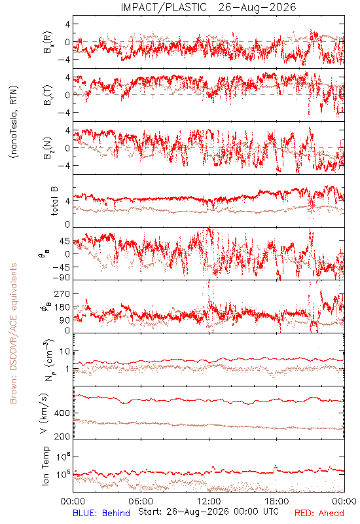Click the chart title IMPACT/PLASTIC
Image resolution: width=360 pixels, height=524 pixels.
coord(164,7)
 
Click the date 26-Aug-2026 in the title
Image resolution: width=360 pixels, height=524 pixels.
coord(257,7)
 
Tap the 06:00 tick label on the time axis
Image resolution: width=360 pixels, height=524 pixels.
coord(141,501)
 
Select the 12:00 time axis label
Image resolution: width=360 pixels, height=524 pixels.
coord(209,501)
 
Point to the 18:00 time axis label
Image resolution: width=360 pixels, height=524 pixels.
coord(277,501)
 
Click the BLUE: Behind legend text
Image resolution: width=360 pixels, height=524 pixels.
coord(101,513)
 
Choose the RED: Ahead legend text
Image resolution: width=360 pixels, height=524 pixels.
coord(319,513)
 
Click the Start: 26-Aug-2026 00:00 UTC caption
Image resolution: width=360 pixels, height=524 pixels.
coord(208,512)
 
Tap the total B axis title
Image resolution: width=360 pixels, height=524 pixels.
coord(54,201)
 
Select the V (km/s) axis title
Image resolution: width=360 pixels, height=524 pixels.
coord(44,413)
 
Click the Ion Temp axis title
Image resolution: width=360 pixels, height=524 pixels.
coord(45,466)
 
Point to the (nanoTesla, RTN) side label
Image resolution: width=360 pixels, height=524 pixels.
coord(14,122)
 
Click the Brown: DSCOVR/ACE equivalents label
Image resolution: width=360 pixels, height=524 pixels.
coord(13,333)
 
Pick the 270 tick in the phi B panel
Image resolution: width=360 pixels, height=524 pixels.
coord(62,293)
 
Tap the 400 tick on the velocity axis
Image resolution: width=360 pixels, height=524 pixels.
coord(62,413)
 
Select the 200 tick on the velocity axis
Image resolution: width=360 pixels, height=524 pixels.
coord(62,436)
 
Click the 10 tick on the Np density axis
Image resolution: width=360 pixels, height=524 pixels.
coord(65,351)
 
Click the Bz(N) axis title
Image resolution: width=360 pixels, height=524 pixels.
coord(48,148)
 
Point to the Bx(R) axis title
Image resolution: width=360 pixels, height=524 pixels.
coord(48,42)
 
